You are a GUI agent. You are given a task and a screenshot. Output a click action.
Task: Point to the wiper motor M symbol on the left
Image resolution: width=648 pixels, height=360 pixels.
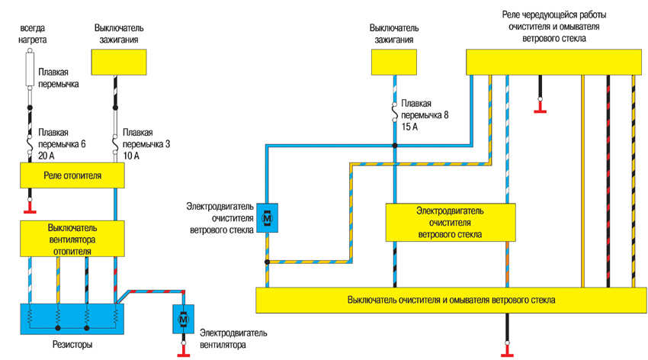click(266, 218)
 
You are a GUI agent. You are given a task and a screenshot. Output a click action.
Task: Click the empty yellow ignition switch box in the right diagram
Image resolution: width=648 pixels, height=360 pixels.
click(394, 60)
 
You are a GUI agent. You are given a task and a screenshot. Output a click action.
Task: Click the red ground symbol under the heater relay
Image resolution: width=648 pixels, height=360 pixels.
click(30, 206)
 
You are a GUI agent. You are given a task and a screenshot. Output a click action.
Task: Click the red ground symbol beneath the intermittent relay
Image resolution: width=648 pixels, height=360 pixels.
click(540, 109)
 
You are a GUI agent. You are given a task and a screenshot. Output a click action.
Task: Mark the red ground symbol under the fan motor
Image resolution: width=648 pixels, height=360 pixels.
click(184, 353)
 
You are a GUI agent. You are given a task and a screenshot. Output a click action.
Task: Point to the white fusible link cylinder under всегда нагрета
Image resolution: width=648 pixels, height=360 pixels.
click(30, 68)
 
